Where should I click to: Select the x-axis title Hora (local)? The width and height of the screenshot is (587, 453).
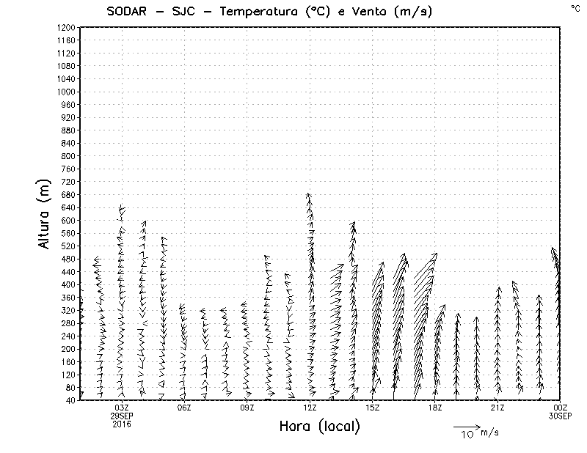pos(320,426)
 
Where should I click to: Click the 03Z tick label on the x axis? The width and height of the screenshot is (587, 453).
pos(122,408)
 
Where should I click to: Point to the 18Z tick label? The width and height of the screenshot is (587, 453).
pos(435,408)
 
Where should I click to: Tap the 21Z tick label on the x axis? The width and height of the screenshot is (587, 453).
pos(497,408)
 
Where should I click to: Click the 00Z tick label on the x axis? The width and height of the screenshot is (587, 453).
pos(561,408)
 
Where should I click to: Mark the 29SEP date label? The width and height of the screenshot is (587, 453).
pos(122,416)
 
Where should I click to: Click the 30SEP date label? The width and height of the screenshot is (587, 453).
pos(561,416)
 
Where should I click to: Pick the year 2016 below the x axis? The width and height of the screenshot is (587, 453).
pos(122,424)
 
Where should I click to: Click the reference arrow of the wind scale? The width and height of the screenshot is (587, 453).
pos(466,426)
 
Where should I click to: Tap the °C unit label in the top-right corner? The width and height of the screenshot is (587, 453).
pos(575,8)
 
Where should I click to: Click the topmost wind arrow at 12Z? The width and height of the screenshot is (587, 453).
pos(309,196)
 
